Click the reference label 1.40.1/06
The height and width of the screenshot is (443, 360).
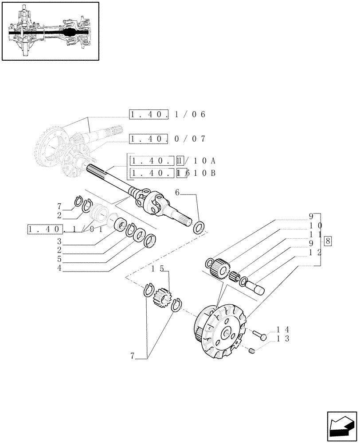tap(168, 115)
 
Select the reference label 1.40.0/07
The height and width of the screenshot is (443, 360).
tap(168, 139)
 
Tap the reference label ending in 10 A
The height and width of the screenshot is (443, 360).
tap(172, 160)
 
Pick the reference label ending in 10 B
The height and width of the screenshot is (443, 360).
tap(172, 173)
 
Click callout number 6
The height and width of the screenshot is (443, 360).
tap(177, 193)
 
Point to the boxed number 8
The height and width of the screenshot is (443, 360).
tap(328, 242)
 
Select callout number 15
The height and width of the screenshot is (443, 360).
tap(158, 269)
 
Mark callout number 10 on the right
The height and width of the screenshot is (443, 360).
tap(315, 225)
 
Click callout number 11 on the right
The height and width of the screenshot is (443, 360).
tap(315, 235)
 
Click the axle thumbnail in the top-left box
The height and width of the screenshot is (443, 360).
tap(50, 31)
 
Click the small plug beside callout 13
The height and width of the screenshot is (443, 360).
tap(252, 351)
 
